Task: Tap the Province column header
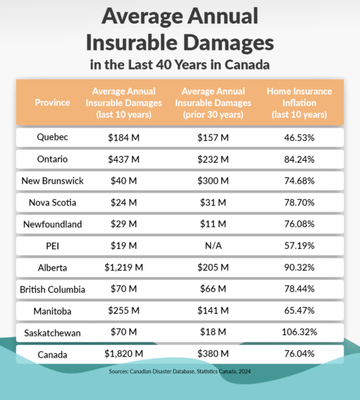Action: (x=52, y=102)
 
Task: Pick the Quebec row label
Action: (x=52, y=137)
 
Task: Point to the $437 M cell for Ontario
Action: (x=125, y=159)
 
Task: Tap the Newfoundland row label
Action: (x=52, y=223)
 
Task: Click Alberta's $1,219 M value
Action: (x=125, y=267)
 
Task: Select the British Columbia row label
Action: (x=52, y=288)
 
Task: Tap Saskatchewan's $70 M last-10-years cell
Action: (x=125, y=332)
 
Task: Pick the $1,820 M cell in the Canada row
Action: (x=125, y=354)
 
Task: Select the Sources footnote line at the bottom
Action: (x=180, y=370)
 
